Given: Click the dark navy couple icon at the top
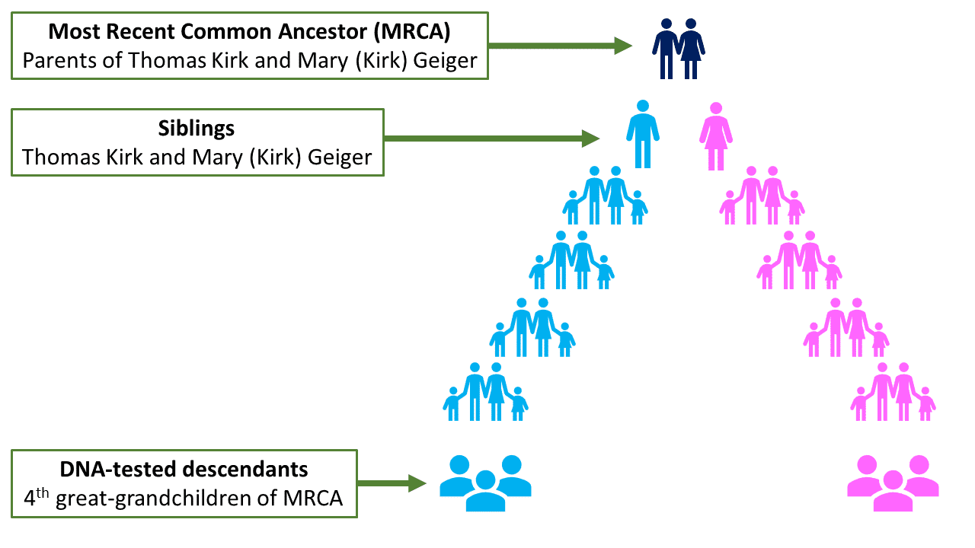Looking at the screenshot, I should [678, 48].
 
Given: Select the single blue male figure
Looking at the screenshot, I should [643, 134].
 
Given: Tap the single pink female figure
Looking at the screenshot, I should [715, 135].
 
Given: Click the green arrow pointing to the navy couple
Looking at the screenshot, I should [560, 46].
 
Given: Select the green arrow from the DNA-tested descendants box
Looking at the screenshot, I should [391, 483].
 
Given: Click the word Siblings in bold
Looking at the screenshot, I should [197, 128].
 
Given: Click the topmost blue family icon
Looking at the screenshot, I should [605, 196].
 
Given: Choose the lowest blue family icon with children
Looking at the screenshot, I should [485, 392].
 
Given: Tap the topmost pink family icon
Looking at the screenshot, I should [762, 196].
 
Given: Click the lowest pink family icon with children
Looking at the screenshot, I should [893, 392].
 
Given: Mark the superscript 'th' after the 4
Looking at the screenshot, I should [46, 494].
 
